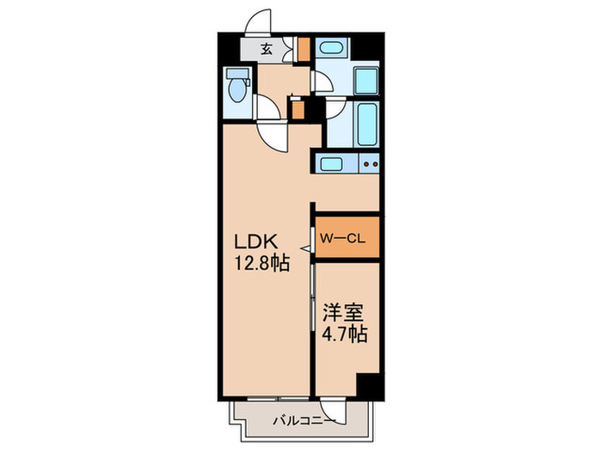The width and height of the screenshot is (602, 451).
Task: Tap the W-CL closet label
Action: tap(343, 238)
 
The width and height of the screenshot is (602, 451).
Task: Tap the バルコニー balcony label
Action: tap(301, 421)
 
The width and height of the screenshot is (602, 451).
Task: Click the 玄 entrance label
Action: tap(267, 49)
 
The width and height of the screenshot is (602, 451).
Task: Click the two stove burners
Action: tap(370, 162)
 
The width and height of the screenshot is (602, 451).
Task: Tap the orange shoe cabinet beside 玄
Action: tap(303, 48)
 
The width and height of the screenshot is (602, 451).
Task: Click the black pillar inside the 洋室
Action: tap(369, 387)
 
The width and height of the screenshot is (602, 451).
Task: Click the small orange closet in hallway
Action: tap(298, 109)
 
